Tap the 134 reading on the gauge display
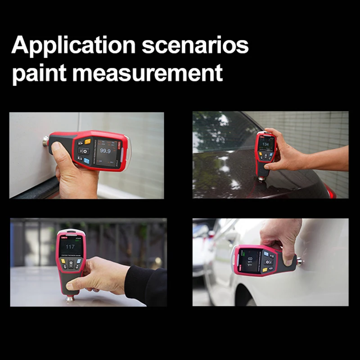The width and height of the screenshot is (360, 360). click(265, 144)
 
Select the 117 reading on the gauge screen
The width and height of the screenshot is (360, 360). click(70, 247)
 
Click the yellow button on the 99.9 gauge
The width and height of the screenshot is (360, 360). click(87, 141)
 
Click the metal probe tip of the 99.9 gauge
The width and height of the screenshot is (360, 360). click(45, 141)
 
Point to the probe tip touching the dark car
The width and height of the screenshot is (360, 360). click(262, 179)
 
